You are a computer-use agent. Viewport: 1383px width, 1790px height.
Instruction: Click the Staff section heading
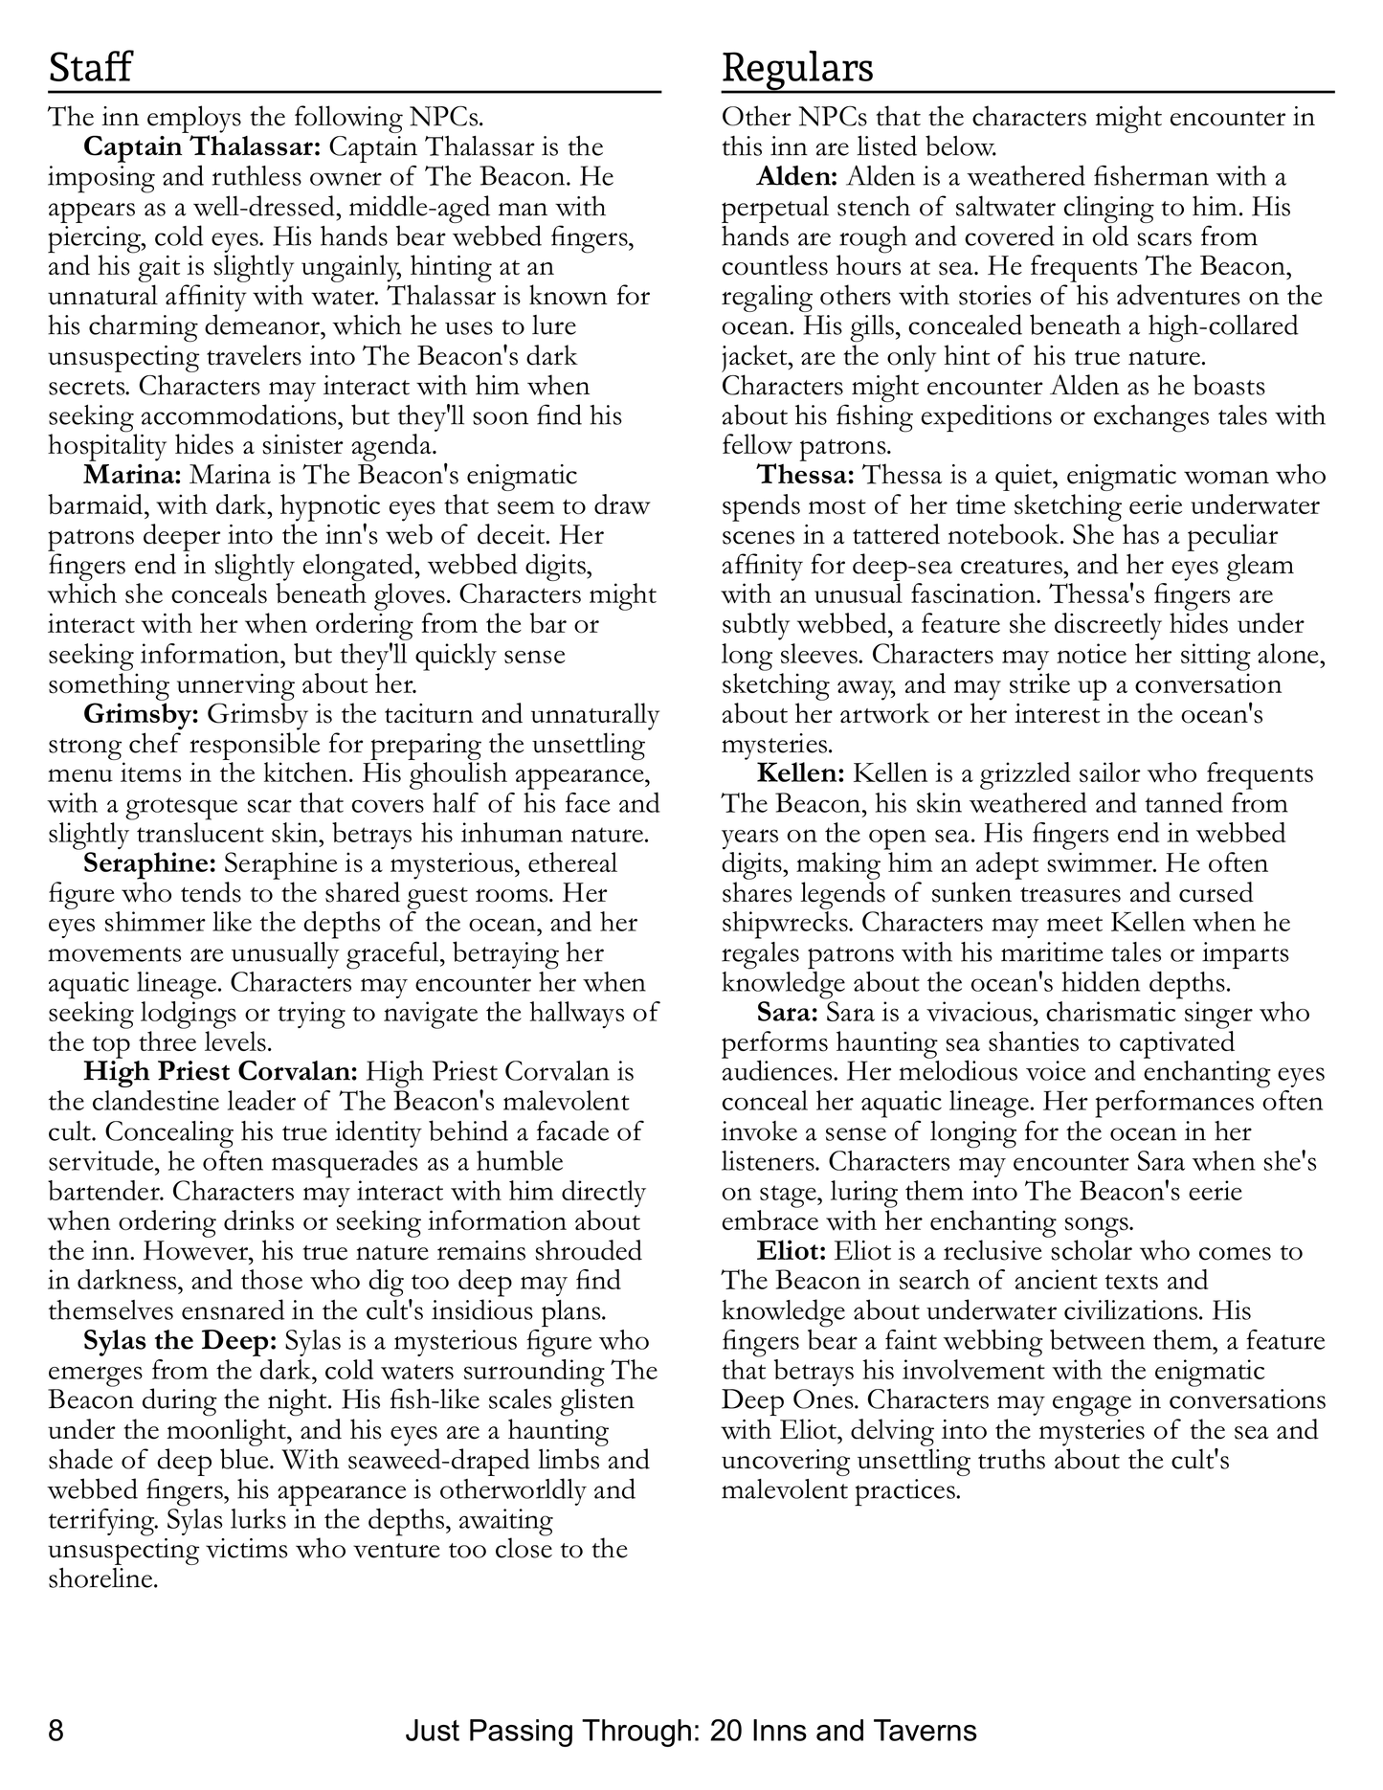point(90,69)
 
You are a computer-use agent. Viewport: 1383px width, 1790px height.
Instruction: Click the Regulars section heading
point(797,69)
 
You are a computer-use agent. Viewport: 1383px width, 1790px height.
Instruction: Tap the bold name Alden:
point(797,177)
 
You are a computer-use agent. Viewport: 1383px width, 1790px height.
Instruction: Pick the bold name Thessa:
point(806,475)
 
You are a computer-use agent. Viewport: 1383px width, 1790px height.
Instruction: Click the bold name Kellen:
point(801,773)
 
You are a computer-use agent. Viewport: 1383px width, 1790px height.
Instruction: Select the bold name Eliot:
point(792,1251)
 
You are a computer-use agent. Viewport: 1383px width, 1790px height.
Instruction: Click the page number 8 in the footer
point(56,1731)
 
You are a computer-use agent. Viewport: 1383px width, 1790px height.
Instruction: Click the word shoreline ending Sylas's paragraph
point(101,1579)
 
